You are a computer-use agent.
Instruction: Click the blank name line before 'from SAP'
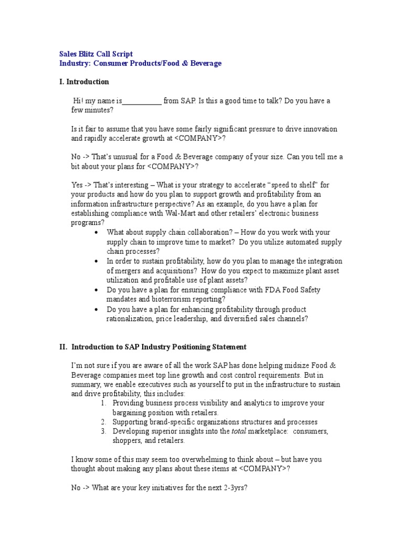142,101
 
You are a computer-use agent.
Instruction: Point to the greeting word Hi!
79,101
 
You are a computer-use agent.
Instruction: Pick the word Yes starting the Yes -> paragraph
77,185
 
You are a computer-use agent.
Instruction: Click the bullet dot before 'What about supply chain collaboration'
96,232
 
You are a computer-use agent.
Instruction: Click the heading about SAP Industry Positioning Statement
152,347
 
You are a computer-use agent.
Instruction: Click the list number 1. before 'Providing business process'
103,403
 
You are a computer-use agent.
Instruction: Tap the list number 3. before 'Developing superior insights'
103,431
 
